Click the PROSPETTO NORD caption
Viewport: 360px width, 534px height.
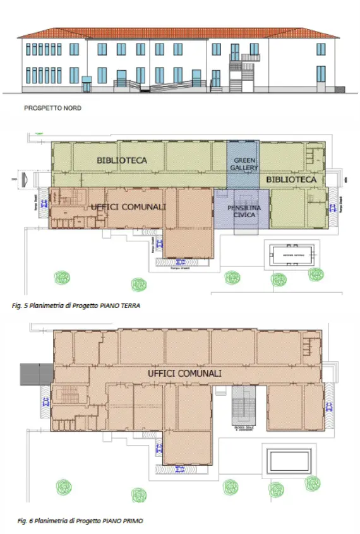pos(52,108)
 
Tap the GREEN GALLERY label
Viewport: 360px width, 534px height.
pos(243,164)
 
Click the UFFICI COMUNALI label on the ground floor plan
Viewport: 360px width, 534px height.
pos(128,206)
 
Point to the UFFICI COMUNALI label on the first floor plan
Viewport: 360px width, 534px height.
pos(184,374)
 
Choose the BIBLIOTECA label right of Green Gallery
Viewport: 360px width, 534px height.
pos(291,180)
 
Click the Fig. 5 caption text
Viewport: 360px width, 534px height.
pos(76,305)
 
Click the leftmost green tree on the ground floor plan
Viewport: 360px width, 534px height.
pos(61,276)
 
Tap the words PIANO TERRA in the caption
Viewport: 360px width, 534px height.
pos(123,305)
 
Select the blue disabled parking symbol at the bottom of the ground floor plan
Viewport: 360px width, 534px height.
pos(181,261)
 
